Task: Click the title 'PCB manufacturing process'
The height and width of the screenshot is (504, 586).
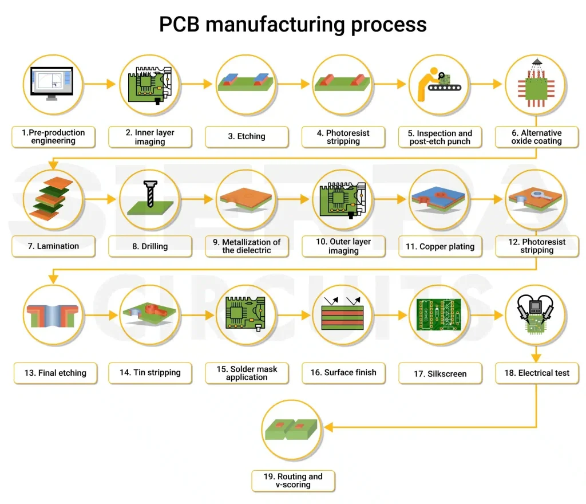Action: [292, 25]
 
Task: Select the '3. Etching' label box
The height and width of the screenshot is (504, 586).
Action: [247, 136]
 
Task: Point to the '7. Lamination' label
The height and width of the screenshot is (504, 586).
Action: [53, 246]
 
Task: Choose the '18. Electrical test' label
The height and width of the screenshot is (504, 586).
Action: [537, 373]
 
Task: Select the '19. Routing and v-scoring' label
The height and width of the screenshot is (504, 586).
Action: [292, 481]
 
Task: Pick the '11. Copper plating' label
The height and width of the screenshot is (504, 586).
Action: [440, 246]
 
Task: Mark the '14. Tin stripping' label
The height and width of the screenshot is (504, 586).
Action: [150, 373]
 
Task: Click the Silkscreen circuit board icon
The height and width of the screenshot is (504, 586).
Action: [440, 315]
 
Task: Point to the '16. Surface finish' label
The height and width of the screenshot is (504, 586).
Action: [343, 373]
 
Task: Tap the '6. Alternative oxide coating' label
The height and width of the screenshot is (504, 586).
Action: [537, 137]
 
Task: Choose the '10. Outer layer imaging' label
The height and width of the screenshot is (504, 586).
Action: [343, 246]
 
